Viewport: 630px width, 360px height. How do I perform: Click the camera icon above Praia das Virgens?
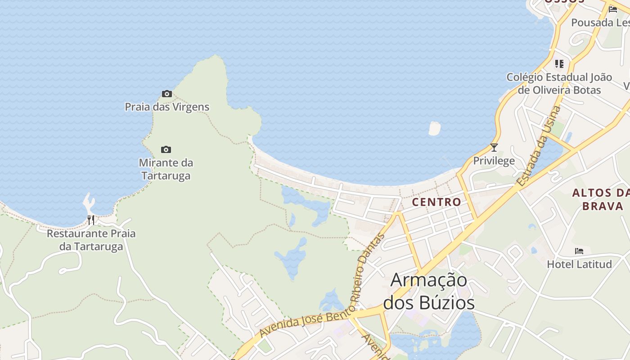tap(167, 94)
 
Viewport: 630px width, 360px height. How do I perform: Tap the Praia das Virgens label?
tap(167, 107)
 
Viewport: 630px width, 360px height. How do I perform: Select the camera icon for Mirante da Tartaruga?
tap(166, 149)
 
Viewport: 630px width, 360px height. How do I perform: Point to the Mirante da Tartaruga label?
tap(166, 169)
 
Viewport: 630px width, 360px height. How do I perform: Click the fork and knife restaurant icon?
tap(91, 220)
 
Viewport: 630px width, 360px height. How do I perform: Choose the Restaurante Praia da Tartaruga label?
tap(91, 240)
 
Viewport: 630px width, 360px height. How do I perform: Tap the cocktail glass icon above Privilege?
tap(494, 147)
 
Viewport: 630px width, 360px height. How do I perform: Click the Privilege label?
tap(494, 161)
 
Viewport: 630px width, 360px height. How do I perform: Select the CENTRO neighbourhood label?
tap(436, 202)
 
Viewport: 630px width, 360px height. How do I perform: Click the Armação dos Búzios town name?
tap(429, 292)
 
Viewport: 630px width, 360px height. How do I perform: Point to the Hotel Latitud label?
tap(579, 264)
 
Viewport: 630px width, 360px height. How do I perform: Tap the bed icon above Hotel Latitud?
tap(579, 251)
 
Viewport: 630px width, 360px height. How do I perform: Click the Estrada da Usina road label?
tap(539, 146)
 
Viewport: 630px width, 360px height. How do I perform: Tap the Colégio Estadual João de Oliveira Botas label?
tap(559, 83)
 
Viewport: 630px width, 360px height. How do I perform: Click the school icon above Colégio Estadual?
tap(559, 64)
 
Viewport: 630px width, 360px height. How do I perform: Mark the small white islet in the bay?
tap(435, 128)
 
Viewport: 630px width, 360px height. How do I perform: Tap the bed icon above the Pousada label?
tap(612, 9)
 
